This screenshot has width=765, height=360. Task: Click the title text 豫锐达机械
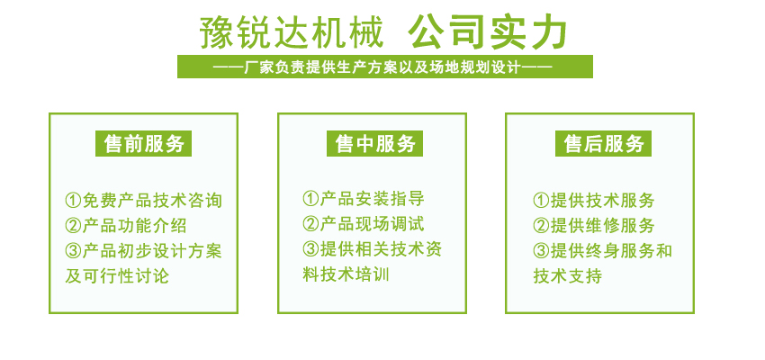pyautogui.click(x=292, y=32)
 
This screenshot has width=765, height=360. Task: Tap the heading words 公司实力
pyautogui.click(x=488, y=32)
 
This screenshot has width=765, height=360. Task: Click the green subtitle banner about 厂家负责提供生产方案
pyautogui.click(x=385, y=67)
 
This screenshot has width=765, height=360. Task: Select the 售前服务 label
pyautogui.click(x=143, y=144)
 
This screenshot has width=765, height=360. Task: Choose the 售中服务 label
pyautogui.click(x=374, y=144)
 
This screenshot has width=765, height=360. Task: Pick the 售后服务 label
pyautogui.click(x=604, y=144)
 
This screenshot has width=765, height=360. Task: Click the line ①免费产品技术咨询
pyautogui.click(x=144, y=201)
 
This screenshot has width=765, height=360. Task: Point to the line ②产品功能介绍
pyautogui.click(x=126, y=226)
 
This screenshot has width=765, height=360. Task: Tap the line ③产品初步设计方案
pyautogui.click(x=144, y=251)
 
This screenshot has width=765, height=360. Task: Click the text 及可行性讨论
pyautogui.click(x=117, y=276)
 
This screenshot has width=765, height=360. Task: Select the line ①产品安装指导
pyautogui.click(x=364, y=199)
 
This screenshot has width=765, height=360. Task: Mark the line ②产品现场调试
pyautogui.click(x=364, y=224)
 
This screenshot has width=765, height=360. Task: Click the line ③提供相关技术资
pyautogui.click(x=373, y=249)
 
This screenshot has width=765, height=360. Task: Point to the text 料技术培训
pyautogui.click(x=346, y=274)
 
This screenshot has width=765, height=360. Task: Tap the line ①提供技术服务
pyautogui.click(x=594, y=201)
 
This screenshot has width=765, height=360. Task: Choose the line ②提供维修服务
pyautogui.click(x=594, y=226)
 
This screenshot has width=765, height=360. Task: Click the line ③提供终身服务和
pyautogui.click(x=602, y=251)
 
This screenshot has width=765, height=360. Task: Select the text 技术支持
pyautogui.click(x=567, y=276)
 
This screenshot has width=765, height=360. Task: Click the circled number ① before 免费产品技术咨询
pyautogui.click(x=73, y=201)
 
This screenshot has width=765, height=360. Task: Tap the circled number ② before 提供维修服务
pyautogui.click(x=541, y=226)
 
